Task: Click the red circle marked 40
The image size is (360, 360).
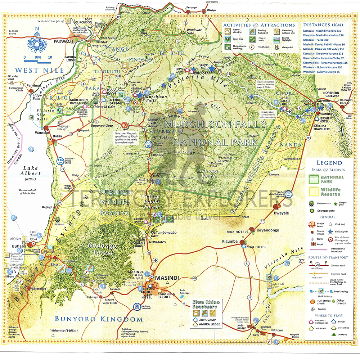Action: (x=125, y=125)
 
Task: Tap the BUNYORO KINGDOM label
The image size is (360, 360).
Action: (x=98, y=319)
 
